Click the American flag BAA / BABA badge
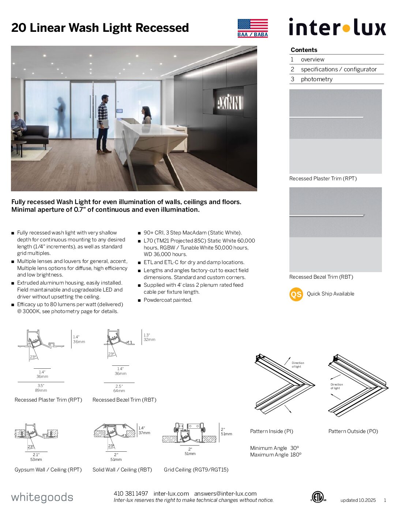(253, 28)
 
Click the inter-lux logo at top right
(337, 27)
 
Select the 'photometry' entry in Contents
(316, 79)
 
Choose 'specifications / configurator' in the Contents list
(338, 69)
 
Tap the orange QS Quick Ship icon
(296, 294)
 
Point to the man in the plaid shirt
(103, 123)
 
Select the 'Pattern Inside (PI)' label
(271, 431)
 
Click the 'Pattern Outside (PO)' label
(353, 431)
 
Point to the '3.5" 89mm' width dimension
(41, 388)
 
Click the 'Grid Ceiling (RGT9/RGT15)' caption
(196, 470)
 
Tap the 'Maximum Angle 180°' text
(275, 455)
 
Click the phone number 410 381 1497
(131, 493)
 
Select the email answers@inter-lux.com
(225, 493)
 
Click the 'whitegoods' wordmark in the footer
(42, 497)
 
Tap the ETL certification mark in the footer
(318, 497)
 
